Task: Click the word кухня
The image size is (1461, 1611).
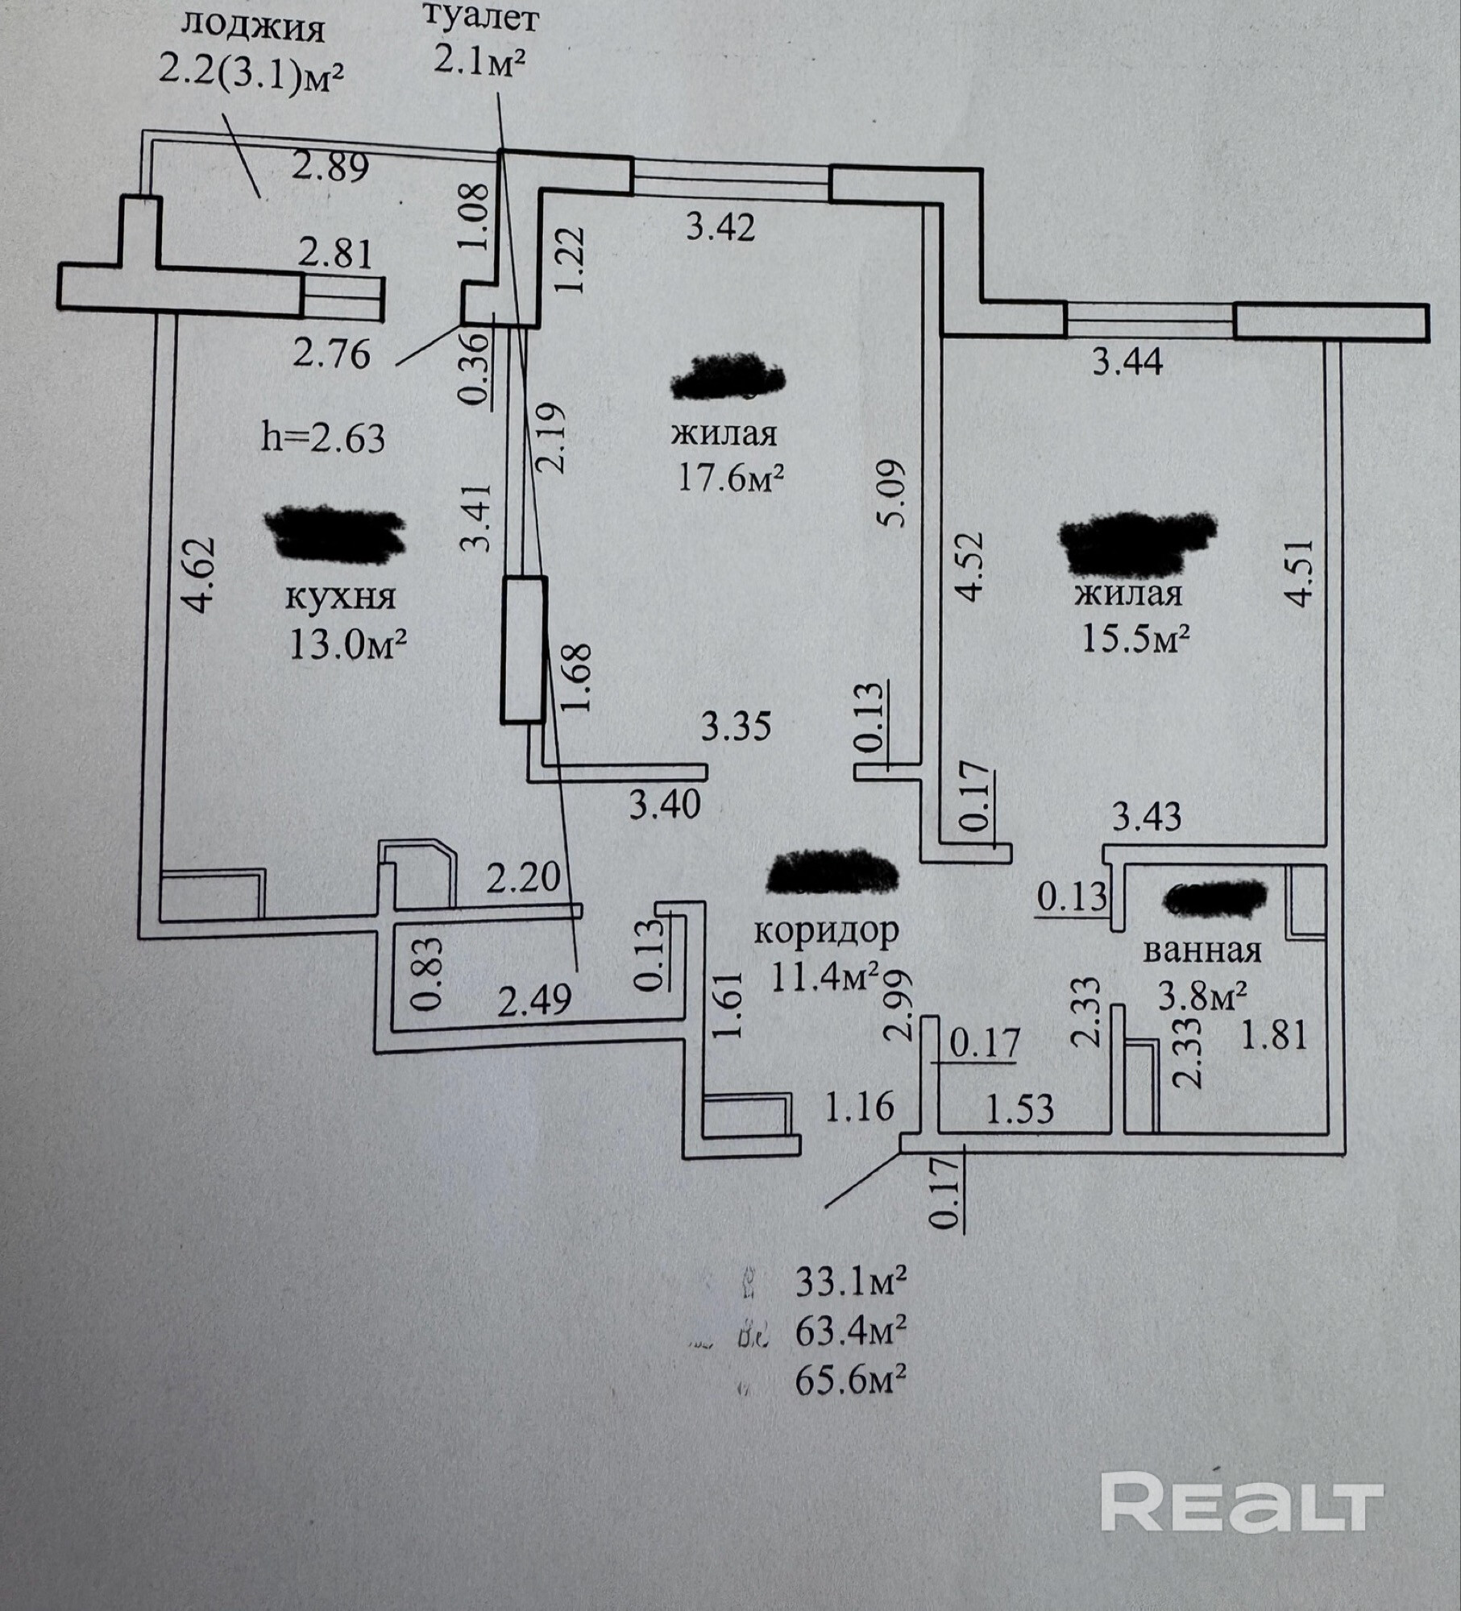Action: [341, 598]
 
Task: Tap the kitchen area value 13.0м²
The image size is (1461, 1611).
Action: [347, 644]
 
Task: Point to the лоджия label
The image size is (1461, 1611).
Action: [252, 28]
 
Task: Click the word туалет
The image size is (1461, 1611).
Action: [481, 18]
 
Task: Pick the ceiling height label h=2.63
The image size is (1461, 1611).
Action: [323, 439]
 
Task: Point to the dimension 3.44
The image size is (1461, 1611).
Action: [1127, 362]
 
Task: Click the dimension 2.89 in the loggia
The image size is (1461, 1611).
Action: [330, 168]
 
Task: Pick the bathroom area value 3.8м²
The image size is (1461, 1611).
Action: [1203, 997]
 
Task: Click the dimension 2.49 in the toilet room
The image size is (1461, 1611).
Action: [535, 1000]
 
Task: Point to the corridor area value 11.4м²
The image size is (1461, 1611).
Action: [824, 978]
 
